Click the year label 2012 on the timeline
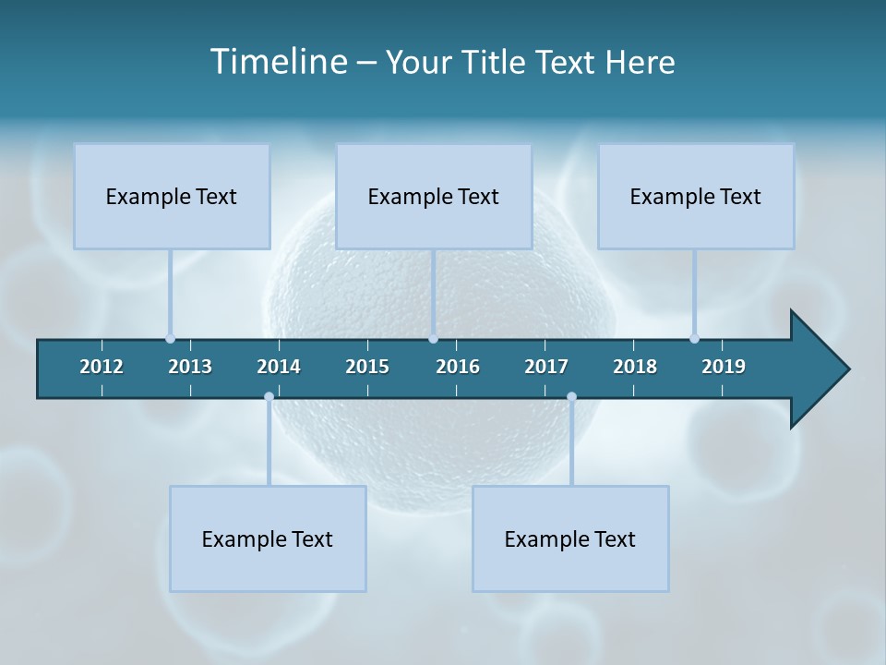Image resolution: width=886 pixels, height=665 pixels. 102,367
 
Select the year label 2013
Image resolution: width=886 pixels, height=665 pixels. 190,367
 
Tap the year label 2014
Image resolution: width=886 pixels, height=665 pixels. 279,367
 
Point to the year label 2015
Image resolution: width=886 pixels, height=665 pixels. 367,367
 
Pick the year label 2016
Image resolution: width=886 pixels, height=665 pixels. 458,367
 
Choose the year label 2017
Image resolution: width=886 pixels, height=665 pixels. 546,367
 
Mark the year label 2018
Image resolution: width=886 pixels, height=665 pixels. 635,367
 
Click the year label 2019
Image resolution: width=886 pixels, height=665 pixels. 724,367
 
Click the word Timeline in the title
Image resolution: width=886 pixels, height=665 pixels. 277,62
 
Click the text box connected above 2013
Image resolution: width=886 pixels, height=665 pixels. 172,196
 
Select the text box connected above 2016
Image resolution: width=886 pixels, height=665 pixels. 434,196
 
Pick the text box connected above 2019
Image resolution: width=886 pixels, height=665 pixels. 696,196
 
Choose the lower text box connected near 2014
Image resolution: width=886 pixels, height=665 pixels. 268,538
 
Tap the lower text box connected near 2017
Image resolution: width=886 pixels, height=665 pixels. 570,538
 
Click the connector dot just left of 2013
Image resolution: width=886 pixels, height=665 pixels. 170,338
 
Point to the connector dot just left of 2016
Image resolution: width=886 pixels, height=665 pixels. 433,338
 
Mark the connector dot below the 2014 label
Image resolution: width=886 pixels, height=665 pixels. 269,397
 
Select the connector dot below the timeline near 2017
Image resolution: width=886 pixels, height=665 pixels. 571,397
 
